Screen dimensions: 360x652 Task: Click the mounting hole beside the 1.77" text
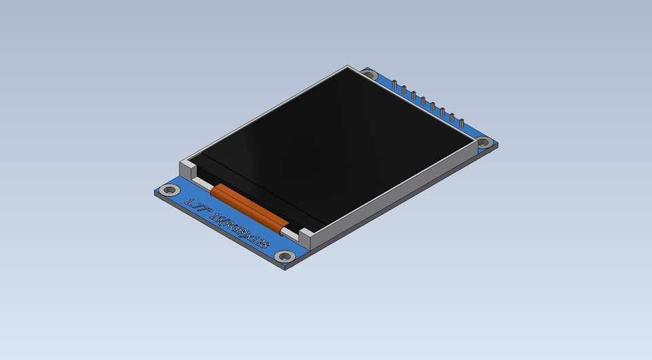pos(169,191)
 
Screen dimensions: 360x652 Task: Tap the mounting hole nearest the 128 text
pos(285,256)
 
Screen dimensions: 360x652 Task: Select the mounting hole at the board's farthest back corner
pos(368,74)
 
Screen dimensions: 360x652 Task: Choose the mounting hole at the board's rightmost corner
pos(484,143)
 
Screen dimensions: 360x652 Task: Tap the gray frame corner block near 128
pos(308,238)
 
